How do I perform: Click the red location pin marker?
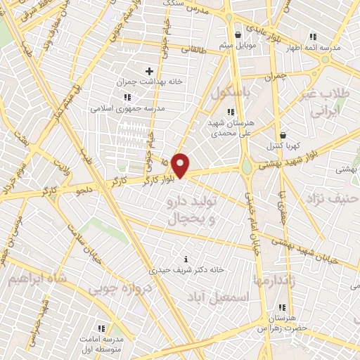(x=181, y=165)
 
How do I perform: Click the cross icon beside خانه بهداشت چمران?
(x=149, y=71)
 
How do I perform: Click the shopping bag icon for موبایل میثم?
(x=239, y=34)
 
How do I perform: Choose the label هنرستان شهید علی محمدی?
(x=231, y=127)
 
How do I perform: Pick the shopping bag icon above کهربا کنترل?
(x=283, y=135)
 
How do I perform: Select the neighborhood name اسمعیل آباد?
(x=219, y=297)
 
